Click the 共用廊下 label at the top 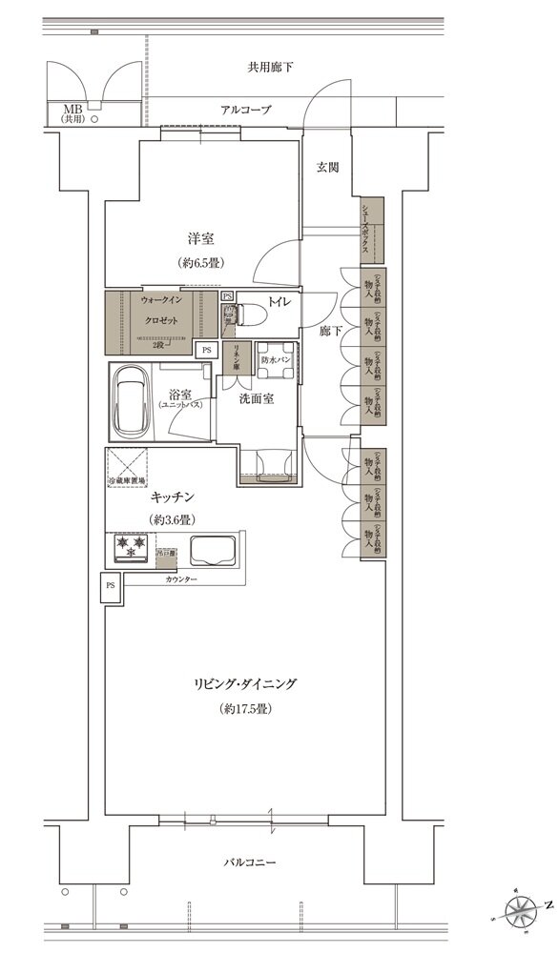tap(271, 68)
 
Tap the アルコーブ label tap(246, 111)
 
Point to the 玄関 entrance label tap(327, 167)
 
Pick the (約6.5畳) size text tap(199, 262)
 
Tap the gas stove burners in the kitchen tap(130, 547)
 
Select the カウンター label tap(180, 579)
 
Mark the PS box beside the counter tap(110, 585)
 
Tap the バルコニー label tap(251, 862)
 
